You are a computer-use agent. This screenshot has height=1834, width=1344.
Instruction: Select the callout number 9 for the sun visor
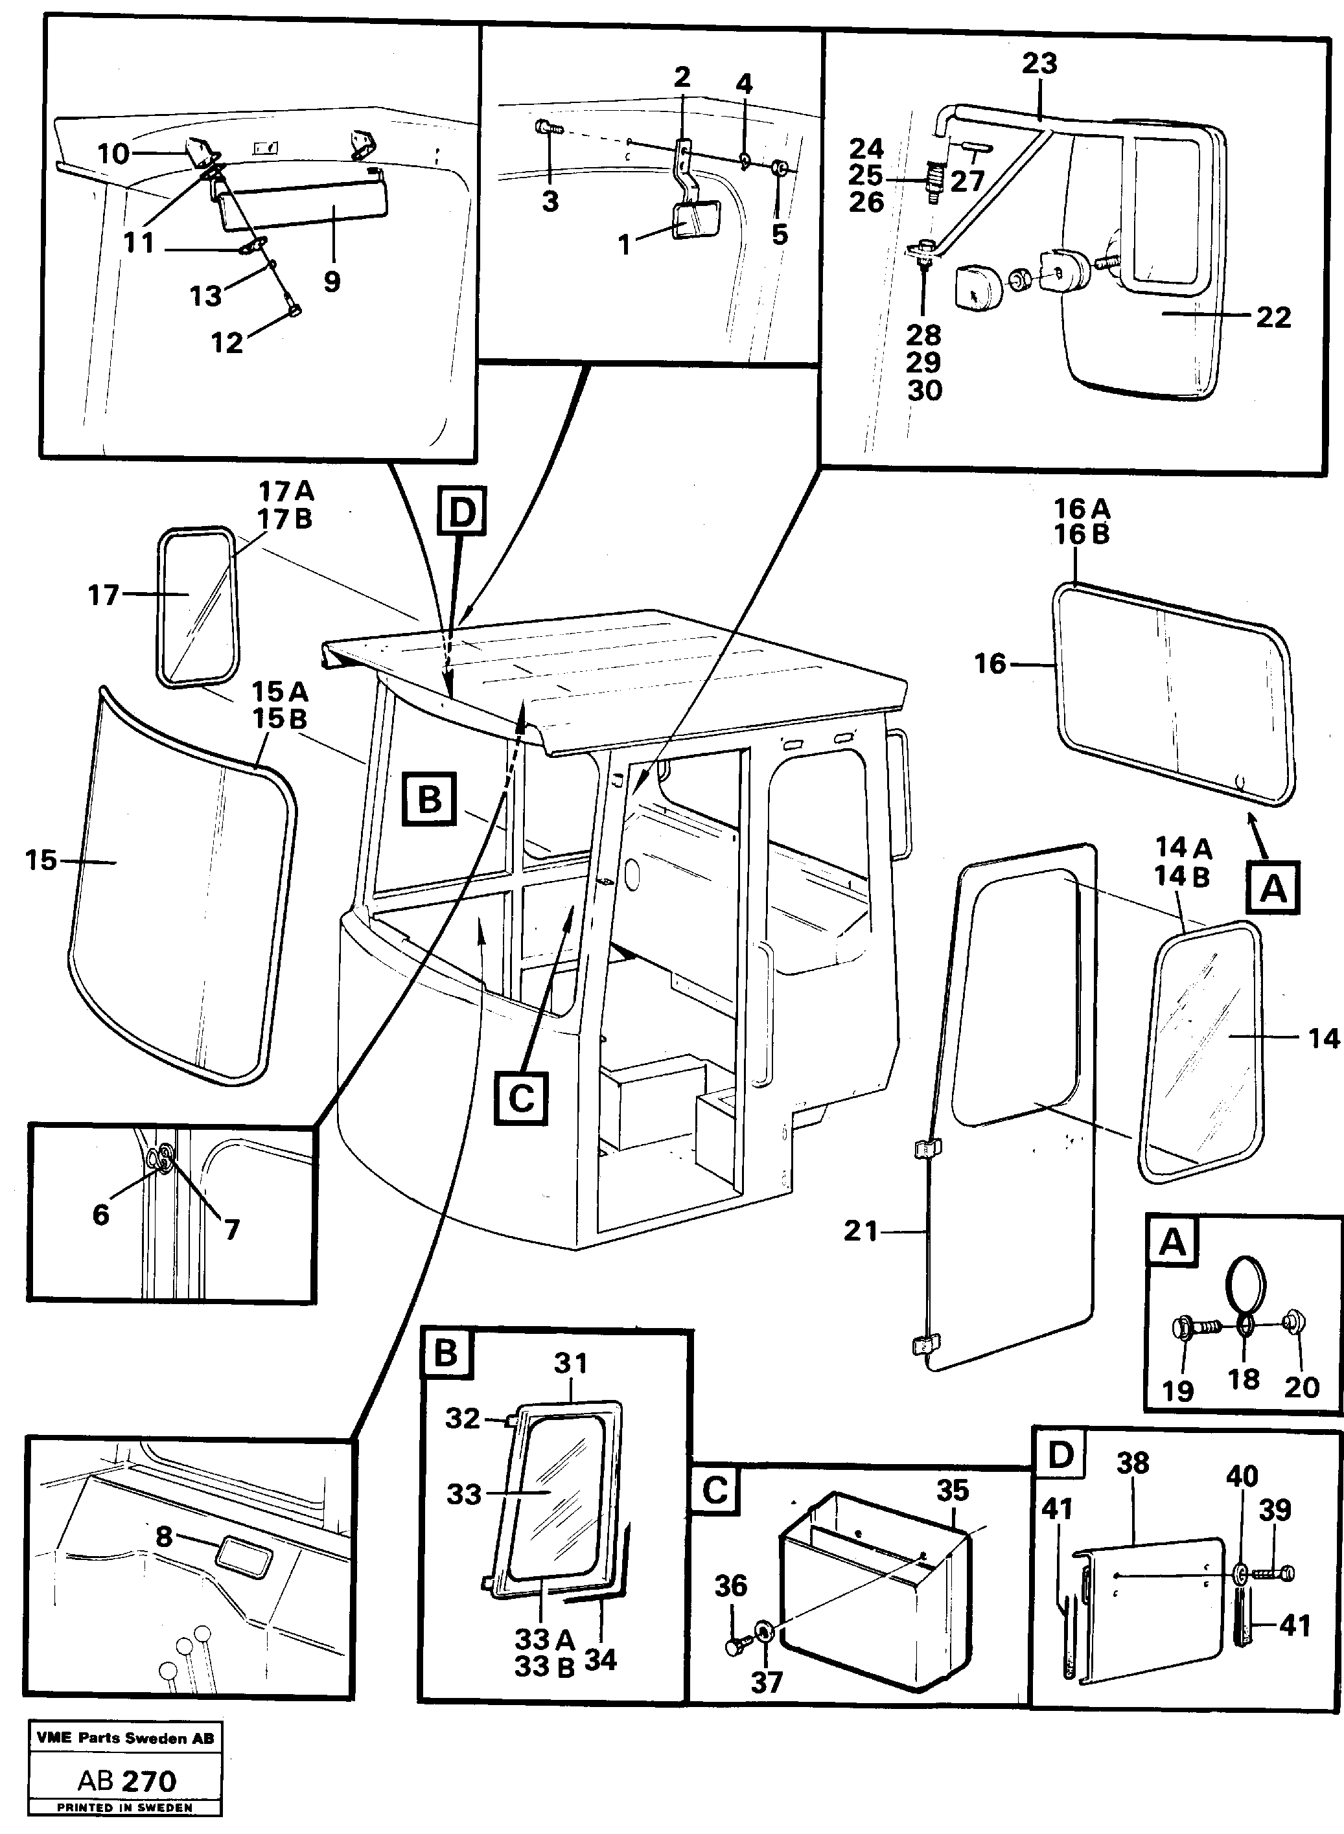(331, 282)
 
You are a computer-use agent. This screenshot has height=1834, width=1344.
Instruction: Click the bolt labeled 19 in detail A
(1184, 1328)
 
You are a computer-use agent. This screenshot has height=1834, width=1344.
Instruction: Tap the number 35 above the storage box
(953, 1490)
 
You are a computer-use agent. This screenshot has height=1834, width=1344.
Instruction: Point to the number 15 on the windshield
(41, 860)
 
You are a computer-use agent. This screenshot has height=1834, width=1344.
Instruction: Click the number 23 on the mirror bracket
(1039, 63)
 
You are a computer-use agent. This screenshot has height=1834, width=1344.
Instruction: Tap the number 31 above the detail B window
(570, 1363)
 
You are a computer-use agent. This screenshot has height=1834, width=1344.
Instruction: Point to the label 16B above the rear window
(1082, 534)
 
